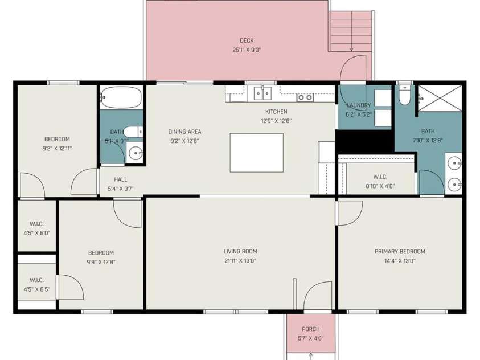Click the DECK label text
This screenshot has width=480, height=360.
[247, 40]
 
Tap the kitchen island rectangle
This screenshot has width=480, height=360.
[257, 153]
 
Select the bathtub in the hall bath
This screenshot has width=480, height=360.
[121, 97]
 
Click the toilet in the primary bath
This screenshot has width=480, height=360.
[404, 96]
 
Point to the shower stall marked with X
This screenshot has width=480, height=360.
[440, 98]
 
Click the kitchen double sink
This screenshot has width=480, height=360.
[262, 93]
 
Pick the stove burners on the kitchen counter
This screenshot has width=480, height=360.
[305, 97]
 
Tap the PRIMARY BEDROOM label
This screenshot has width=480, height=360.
[400, 252]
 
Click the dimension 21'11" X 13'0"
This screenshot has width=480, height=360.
[240, 261]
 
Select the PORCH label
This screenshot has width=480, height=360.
[311, 329]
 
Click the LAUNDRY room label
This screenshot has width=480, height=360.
[359, 105]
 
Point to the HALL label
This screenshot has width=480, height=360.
[121, 179]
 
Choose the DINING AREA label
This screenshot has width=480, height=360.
[185, 132]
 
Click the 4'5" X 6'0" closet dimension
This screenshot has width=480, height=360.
[37, 233]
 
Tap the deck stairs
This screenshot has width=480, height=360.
[351, 31]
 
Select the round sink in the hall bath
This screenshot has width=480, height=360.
[136, 153]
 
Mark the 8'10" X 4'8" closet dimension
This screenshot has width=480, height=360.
[380, 186]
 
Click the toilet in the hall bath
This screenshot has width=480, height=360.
[133, 132]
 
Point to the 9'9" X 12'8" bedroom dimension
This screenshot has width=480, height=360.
[101, 262]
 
